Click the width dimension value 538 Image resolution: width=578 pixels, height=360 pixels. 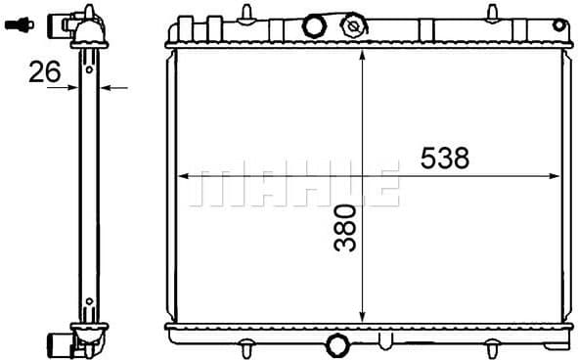445,157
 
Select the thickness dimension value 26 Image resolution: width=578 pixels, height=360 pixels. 45,70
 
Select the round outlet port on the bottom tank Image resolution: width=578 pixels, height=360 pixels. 337,344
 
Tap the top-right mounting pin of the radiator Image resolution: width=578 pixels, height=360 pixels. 488,11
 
